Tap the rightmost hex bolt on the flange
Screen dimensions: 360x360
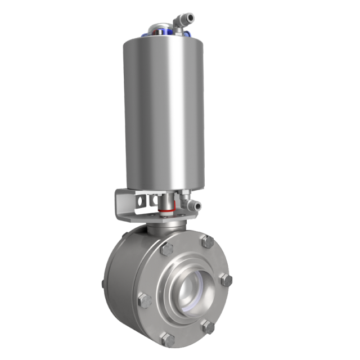[226, 280]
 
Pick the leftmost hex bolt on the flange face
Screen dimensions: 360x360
[146, 301]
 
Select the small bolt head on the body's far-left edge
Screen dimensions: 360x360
[103, 283]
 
